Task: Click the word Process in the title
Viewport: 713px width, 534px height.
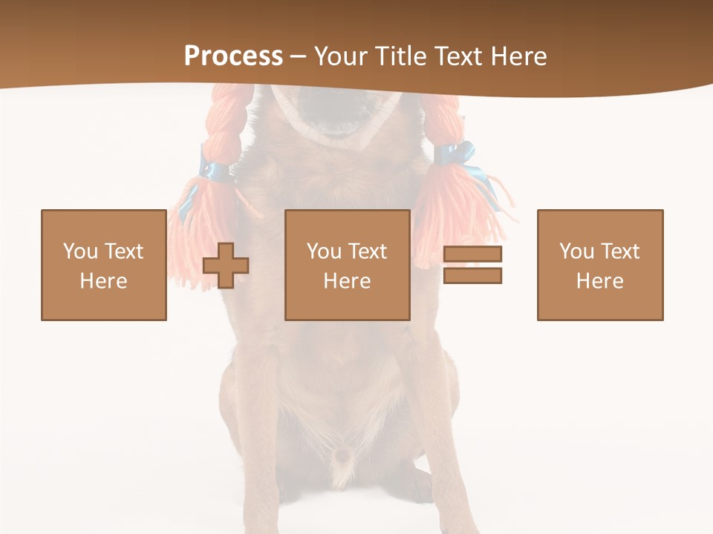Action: [x=233, y=56]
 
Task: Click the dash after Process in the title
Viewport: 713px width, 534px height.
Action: [x=299, y=56]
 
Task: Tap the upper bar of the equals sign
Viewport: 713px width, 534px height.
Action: [x=472, y=254]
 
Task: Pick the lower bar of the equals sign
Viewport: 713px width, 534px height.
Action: [x=472, y=276]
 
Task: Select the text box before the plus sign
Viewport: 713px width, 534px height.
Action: [x=104, y=265]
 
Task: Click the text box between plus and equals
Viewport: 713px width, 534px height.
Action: [x=348, y=265]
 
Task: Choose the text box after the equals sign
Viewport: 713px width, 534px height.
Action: [x=600, y=265]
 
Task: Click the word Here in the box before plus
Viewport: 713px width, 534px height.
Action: [x=104, y=280]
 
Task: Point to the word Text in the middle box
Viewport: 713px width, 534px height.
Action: [x=367, y=251]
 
